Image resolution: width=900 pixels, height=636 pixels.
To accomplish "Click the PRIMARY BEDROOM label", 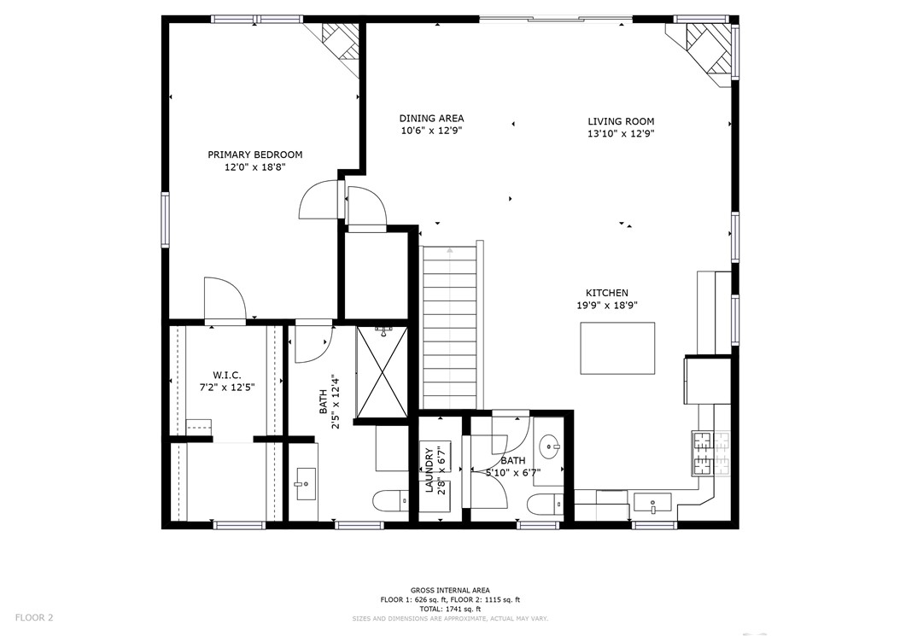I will pos(254,155).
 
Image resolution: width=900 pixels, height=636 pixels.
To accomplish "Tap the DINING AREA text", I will pos(431,119).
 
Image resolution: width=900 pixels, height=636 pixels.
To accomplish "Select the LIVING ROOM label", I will pos(620,121).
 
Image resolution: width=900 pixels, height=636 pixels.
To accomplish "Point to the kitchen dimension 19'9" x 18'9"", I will pos(606,305).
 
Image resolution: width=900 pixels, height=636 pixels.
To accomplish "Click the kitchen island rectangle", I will pos(617,347).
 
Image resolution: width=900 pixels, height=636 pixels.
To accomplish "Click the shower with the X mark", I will pos(382,371).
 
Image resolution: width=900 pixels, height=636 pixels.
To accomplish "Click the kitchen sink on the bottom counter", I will pos(652,502).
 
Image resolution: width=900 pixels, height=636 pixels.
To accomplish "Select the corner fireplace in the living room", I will pos(702,49).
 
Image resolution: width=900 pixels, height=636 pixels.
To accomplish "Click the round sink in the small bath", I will pos(550,444).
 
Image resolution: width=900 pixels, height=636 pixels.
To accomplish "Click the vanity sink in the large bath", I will pos(304,484).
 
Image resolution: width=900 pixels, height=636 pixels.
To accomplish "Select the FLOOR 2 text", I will pos(34,617).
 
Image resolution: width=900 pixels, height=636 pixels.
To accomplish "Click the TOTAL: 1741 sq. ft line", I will pos(450,609).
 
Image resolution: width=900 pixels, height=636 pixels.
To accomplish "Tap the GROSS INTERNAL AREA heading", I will pos(450,590).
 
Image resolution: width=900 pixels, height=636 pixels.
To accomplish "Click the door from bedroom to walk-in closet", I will pos(225,301).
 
